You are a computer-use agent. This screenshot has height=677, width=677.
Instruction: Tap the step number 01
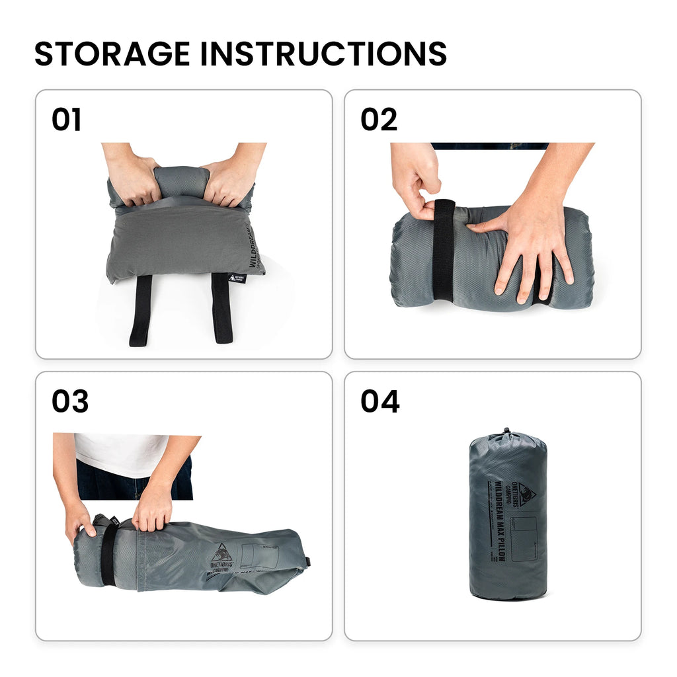point(67,120)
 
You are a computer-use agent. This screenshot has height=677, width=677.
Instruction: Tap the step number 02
point(379,120)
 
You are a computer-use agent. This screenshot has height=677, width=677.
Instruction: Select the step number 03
point(70,402)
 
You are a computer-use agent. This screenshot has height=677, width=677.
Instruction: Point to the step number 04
point(380,402)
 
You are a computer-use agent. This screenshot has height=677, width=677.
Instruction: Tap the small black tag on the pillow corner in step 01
point(237,278)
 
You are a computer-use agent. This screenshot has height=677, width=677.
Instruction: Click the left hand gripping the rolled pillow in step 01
point(133,179)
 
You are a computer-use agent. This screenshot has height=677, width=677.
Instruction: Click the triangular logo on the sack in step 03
point(221,551)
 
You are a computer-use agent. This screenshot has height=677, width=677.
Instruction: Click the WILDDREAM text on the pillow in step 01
point(254,248)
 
